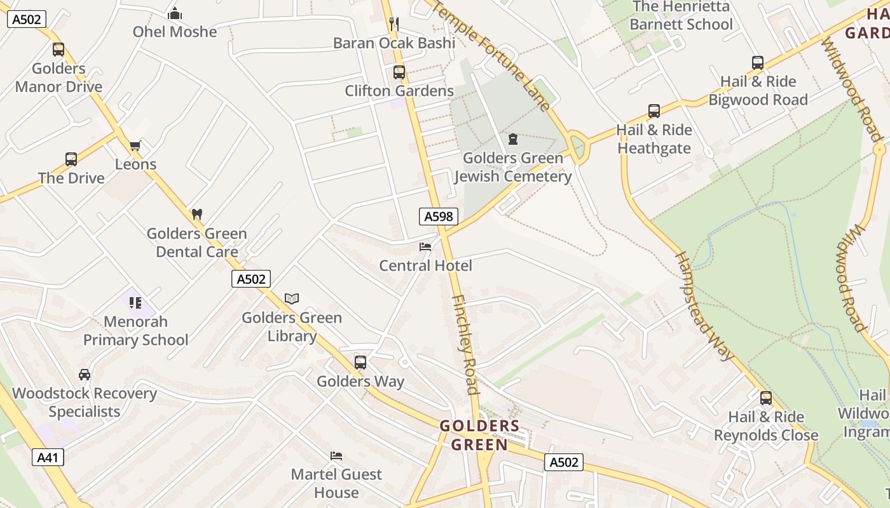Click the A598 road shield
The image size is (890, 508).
pos(439,217)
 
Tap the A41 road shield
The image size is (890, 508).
pos(48,457)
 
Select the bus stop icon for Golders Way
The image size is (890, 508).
pos(360,363)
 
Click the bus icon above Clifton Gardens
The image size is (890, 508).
pos(399,72)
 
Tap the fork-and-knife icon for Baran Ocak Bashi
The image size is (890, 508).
pos(394,24)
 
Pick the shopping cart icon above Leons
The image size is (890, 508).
pos(135,147)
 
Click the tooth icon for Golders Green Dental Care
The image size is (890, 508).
pos(197,215)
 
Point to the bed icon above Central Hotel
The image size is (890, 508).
pos(425,246)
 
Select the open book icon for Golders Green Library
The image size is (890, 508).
pos(292,298)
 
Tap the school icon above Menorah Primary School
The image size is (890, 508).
pos(135,303)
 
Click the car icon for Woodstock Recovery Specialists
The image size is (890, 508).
pos(85,375)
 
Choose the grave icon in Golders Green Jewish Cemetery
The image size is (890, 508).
pos(513,139)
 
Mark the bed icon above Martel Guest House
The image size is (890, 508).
pos(336,455)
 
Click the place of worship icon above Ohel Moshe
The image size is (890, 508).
pos(175,13)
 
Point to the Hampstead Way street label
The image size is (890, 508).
pos(704,305)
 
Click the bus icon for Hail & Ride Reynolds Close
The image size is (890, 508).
pos(766,398)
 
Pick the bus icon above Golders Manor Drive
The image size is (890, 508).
pos(58,50)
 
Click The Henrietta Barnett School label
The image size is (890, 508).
pos(681,16)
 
